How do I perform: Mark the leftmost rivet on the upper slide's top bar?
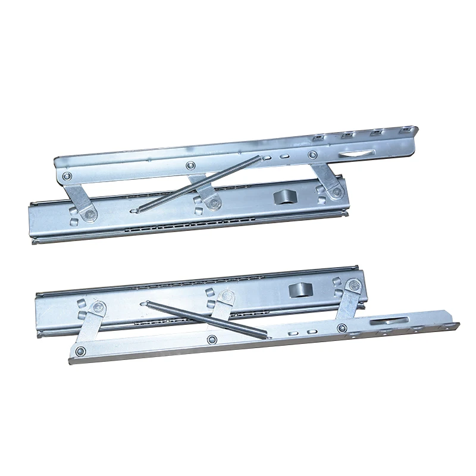(x=67, y=176)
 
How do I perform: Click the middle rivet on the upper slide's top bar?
(x=190, y=166)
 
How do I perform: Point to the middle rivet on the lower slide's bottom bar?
(x=212, y=339)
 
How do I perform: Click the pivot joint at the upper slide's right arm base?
(x=337, y=192)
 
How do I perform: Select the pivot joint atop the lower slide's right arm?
(x=355, y=286)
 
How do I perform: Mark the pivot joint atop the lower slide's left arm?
(x=99, y=308)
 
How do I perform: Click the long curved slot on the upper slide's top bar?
(x=353, y=154)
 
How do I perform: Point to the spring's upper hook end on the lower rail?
(x=149, y=303)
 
